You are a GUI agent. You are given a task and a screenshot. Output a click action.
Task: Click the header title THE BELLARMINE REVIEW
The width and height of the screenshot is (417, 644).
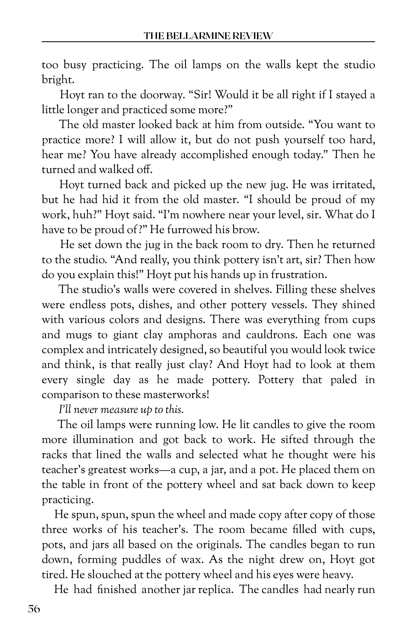point(208,36)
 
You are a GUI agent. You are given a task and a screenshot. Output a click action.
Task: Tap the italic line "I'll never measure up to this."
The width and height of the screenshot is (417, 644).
point(121,410)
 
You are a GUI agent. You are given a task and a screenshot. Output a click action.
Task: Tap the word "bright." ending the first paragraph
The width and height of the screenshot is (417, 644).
point(58,80)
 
